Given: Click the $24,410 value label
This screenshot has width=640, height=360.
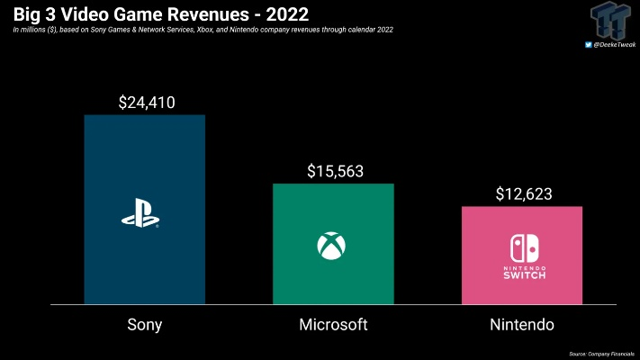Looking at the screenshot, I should pos(147,103).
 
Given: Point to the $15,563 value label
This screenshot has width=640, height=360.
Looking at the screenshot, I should pos(335,171).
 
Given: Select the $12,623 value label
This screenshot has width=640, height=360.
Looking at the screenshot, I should pos(523,193).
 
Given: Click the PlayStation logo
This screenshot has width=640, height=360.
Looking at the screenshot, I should pos(140,219).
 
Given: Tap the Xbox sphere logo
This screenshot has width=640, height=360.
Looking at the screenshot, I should pos(329,245).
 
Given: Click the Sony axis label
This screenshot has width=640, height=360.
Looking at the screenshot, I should pos(145,325).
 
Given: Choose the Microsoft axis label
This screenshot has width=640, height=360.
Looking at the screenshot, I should pos(333,325).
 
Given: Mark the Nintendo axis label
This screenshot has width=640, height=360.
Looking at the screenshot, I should pos(522,325).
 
